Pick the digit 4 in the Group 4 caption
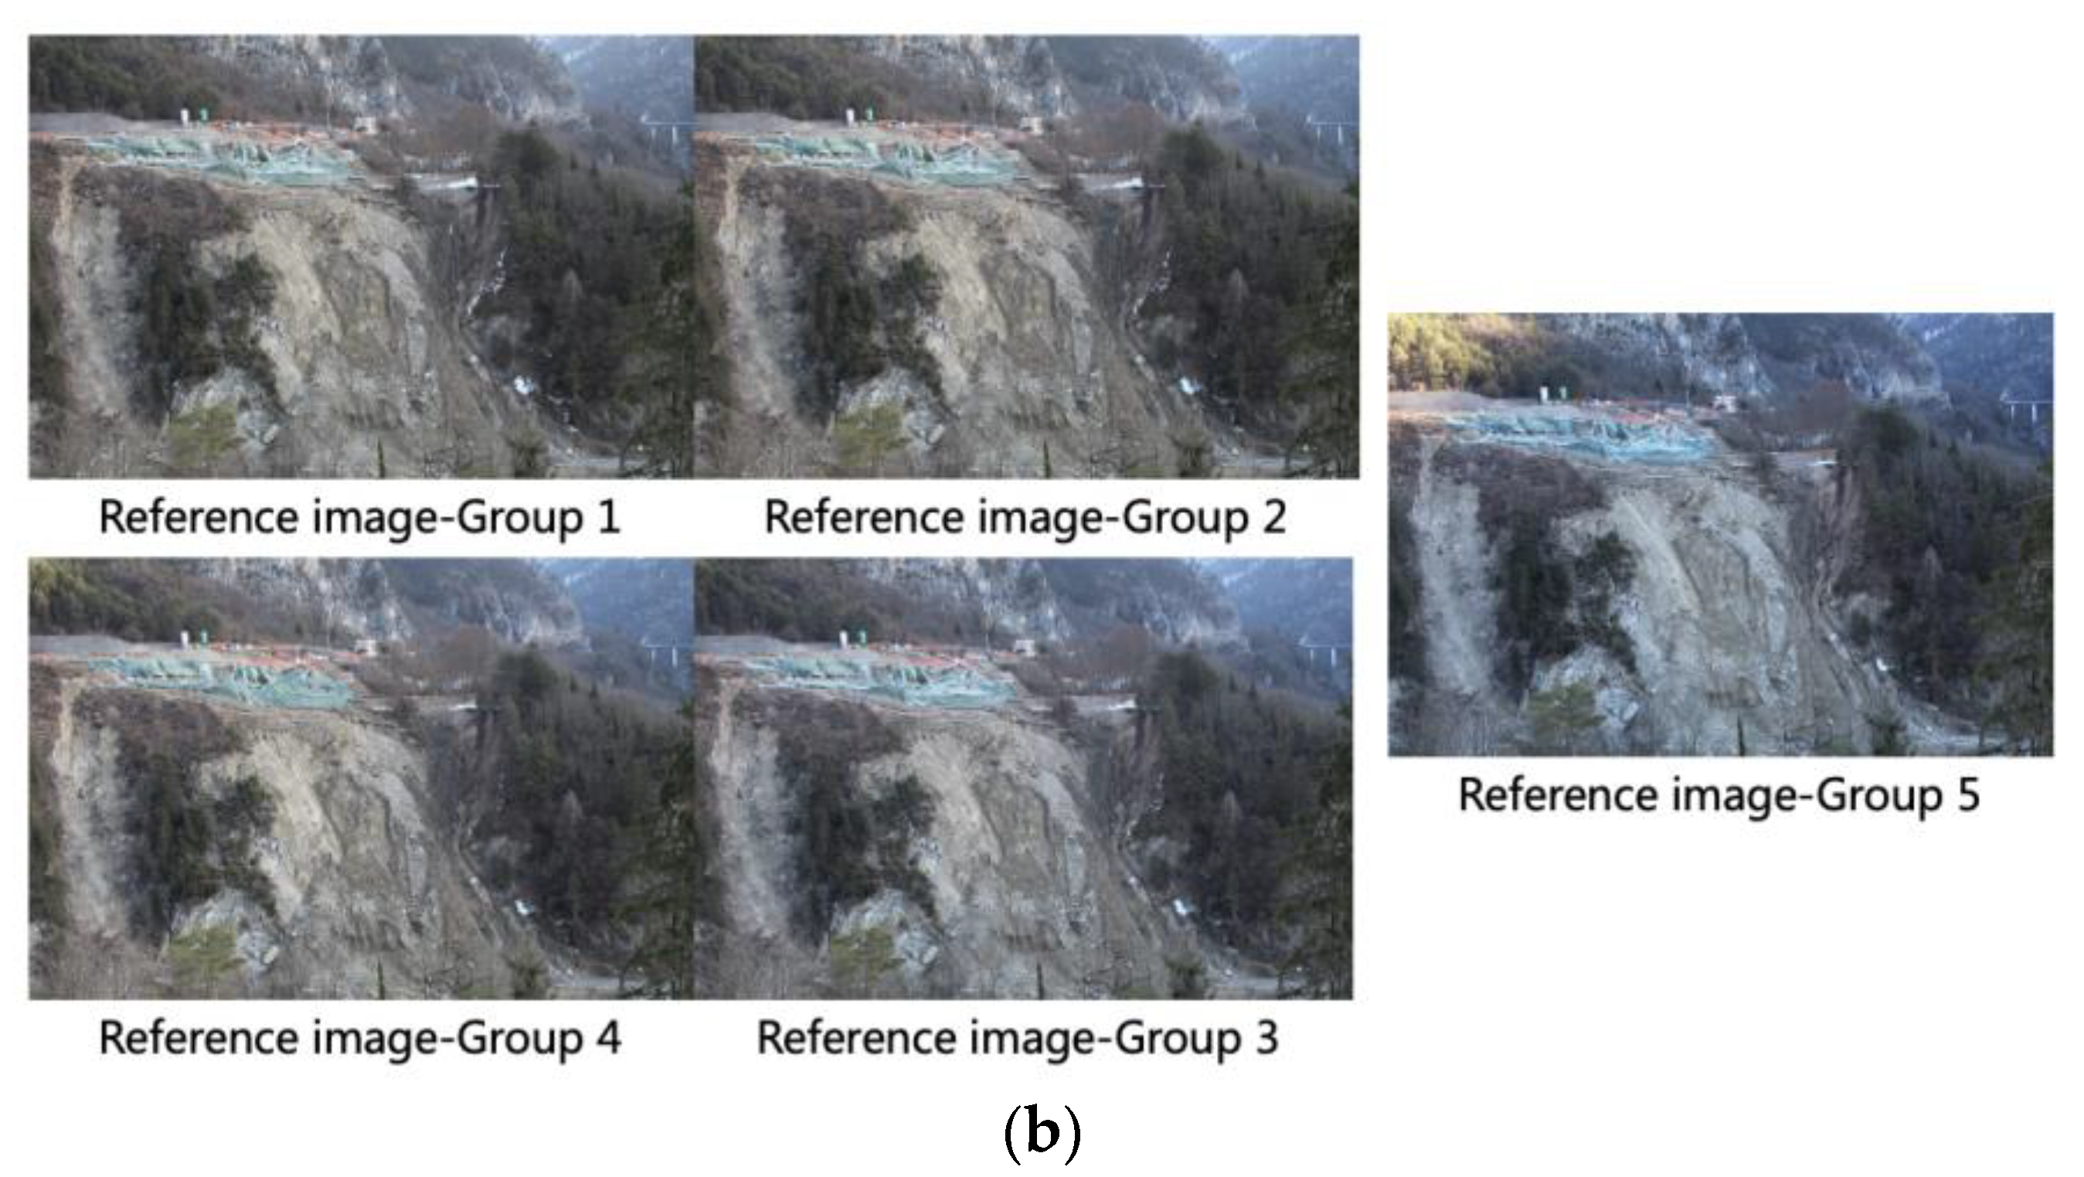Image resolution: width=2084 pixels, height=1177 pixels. click(x=608, y=1039)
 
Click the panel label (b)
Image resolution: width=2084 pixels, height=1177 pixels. click(x=1041, y=1134)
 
